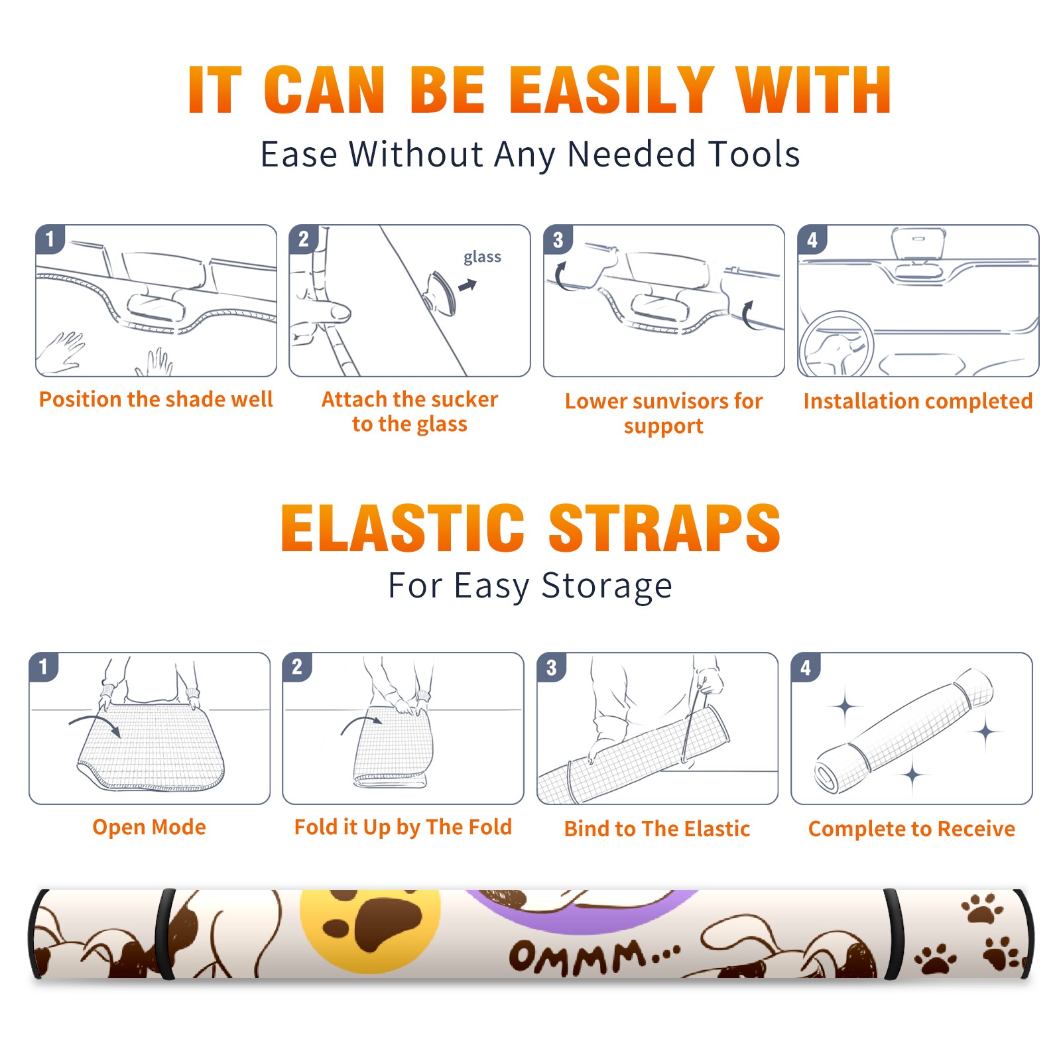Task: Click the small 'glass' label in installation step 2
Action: point(482,257)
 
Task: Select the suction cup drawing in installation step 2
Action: point(441,292)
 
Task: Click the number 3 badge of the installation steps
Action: point(557,239)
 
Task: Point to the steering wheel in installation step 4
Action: point(836,345)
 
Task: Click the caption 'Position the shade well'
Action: point(156,399)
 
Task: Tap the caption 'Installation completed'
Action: point(918,401)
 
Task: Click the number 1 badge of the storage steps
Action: point(44,667)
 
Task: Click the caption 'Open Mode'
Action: point(149,827)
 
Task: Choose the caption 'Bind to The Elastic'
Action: point(656,828)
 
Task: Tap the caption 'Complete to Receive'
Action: point(912,828)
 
